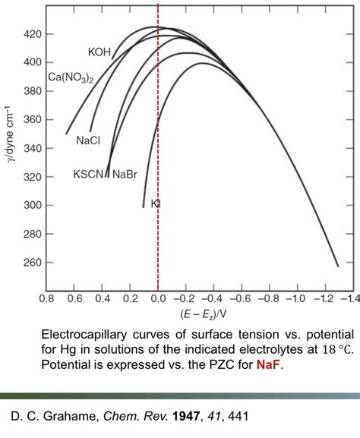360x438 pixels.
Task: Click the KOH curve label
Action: (100, 52)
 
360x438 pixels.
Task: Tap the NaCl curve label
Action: (88, 140)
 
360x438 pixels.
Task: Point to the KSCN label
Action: (90, 175)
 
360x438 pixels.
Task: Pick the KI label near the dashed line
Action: (156, 203)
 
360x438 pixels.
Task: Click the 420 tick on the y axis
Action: (33, 34)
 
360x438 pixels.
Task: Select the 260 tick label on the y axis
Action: (33, 263)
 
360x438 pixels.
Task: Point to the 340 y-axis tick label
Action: (33, 148)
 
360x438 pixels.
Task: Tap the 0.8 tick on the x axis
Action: (47, 298)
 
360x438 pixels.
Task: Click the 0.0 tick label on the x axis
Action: (157, 298)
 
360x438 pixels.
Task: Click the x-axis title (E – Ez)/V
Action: (200, 314)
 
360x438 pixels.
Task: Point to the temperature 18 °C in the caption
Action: (334, 348)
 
